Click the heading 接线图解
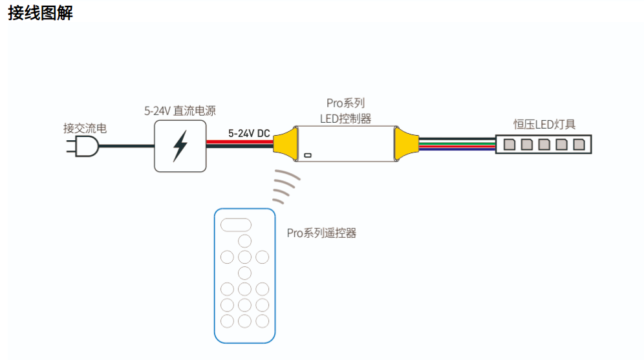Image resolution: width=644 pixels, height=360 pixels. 41,14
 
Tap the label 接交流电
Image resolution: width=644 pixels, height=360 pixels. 85,129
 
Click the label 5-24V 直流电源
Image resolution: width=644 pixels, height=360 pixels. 180,111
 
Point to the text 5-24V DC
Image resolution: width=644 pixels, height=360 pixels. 249,133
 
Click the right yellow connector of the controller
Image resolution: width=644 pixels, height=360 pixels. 405,143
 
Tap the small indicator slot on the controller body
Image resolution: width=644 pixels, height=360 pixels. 308,155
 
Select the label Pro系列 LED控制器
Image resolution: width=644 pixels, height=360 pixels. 345,111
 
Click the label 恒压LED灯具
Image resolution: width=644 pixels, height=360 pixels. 544,124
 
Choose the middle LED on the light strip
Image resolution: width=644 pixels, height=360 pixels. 544,144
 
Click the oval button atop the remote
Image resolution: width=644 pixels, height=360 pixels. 235,224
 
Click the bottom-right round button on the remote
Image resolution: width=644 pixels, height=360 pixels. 262,321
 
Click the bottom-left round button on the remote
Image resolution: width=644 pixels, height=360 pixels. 227,321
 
